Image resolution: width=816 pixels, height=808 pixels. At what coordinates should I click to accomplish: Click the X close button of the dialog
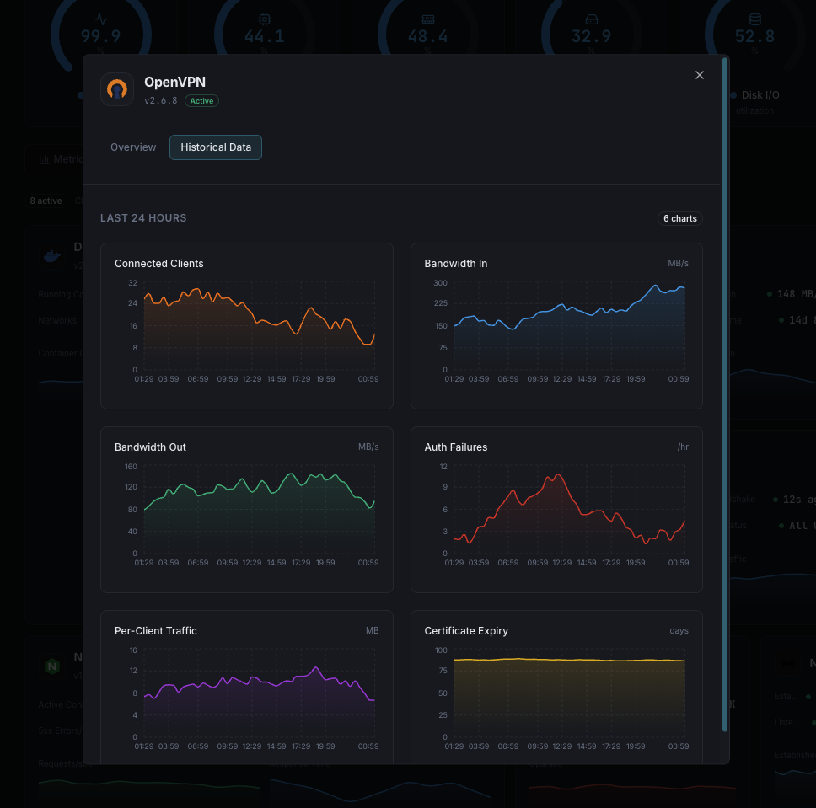(x=699, y=75)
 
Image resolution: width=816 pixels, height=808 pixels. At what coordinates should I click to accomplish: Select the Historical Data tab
(x=216, y=147)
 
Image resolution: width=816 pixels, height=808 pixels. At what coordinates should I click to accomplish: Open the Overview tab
(x=133, y=147)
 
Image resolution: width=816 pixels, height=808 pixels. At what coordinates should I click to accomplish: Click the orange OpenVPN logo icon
(x=117, y=89)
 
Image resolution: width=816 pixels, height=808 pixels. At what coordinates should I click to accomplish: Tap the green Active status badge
(x=201, y=101)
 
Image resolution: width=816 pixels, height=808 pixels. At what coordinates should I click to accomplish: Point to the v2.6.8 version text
(x=161, y=101)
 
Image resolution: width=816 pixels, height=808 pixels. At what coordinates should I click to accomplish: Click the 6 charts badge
(x=679, y=219)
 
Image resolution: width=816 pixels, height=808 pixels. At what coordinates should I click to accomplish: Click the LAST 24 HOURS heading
(x=143, y=218)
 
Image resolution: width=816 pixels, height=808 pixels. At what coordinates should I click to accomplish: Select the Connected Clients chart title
(x=158, y=264)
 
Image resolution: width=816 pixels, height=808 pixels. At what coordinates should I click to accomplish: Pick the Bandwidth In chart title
(x=455, y=264)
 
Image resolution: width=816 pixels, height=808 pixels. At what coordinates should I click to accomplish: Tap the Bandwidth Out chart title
(x=150, y=447)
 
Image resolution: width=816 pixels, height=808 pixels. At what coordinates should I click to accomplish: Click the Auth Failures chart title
(x=455, y=447)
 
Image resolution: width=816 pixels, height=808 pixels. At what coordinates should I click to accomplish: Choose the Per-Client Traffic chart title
(x=156, y=631)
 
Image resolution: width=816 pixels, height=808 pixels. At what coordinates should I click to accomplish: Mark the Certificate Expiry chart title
(x=466, y=631)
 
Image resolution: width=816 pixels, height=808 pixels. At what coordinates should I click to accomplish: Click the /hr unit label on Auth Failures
(x=683, y=447)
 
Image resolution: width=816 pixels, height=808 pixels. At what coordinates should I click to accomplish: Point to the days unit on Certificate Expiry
(x=679, y=631)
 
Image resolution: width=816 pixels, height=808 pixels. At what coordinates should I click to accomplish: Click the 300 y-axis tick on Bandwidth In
(x=441, y=282)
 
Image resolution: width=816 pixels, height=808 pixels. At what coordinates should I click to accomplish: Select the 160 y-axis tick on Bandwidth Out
(x=131, y=466)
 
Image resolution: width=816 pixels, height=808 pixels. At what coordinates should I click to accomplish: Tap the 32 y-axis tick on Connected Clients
(x=132, y=282)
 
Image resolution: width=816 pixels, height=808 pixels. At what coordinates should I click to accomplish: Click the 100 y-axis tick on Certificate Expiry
(x=441, y=650)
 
